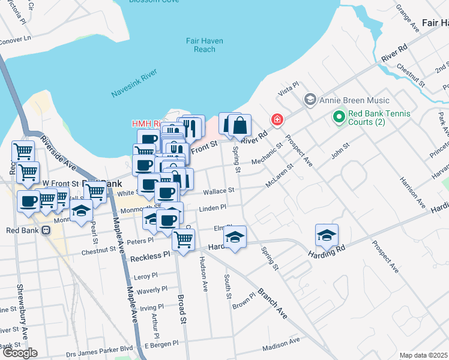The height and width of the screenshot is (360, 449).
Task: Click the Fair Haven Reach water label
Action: coord(205,45)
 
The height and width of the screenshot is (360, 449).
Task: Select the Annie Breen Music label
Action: coord(355,100)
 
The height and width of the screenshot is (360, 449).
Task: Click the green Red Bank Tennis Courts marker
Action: coord(339,116)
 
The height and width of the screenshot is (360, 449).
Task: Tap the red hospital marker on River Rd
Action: coord(277,120)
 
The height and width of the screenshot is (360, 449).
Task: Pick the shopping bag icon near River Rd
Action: coord(240,127)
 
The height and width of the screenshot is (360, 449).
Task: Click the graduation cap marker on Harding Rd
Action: coord(327,235)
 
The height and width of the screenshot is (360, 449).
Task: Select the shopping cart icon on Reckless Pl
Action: coord(183,239)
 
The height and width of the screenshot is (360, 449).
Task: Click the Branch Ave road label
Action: coord(273,302)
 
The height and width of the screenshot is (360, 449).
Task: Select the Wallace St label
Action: coord(218,191)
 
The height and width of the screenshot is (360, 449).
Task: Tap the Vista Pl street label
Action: coord(288,89)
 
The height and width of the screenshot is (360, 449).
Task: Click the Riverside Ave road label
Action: coord(58,152)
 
